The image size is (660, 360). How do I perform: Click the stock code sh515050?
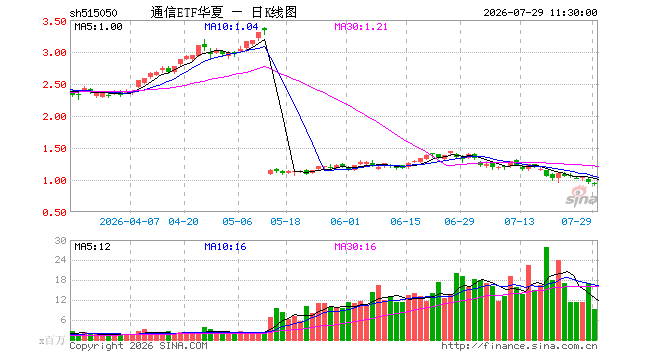click(x=93, y=13)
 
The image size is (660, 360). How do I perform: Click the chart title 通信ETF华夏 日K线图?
click(x=224, y=12)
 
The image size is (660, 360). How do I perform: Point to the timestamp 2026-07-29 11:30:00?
click(x=540, y=13)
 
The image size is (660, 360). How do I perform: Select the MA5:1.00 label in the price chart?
click(x=98, y=27)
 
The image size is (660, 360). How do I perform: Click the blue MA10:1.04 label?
click(x=231, y=27)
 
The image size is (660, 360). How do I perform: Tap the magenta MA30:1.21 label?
click(x=361, y=27)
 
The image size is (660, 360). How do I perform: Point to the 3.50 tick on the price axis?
click(x=54, y=21)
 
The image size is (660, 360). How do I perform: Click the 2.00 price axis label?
click(x=54, y=117)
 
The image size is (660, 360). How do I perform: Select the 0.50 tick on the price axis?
click(x=54, y=213)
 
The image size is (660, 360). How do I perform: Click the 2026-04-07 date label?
click(x=129, y=221)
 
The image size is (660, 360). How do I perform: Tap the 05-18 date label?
click(x=285, y=221)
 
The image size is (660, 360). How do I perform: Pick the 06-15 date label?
click(x=405, y=221)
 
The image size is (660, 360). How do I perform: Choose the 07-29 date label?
click(x=576, y=221)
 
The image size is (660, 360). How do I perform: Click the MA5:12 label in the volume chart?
click(x=93, y=247)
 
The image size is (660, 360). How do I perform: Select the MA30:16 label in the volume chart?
click(x=355, y=247)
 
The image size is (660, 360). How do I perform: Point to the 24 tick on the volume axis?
click(x=61, y=260)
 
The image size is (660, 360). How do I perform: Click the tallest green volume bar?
click(x=546, y=294)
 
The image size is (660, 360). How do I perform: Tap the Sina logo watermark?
click(x=581, y=196)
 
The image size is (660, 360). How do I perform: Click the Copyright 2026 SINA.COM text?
click(x=138, y=346)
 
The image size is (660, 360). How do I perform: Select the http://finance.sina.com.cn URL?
click(x=519, y=346)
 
